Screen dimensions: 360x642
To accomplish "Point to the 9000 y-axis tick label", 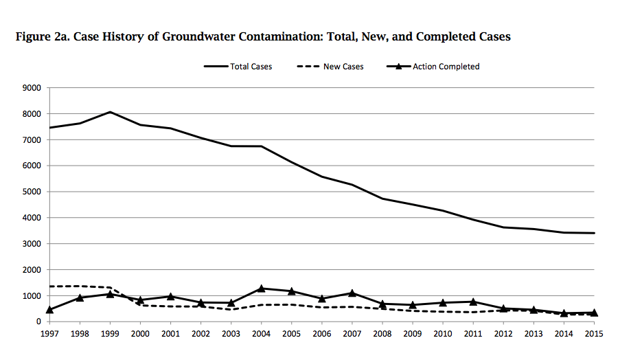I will click(x=32, y=88).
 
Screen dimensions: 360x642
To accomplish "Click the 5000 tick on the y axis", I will click(x=32, y=192).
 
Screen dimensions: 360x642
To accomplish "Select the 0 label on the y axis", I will click(x=38, y=322).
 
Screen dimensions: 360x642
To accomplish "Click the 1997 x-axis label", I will click(x=49, y=333).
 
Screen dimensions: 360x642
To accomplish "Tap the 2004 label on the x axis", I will click(x=261, y=333).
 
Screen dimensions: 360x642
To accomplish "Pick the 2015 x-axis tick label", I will click(x=594, y=333).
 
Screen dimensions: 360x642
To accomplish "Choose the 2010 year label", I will click(x=443, y=333).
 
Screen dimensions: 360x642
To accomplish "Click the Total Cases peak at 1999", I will click(x=110, y=112).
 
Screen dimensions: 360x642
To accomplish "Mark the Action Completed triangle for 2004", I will click(x=261, y=289).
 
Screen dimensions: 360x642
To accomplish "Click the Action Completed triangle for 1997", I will click(x=49, y=310).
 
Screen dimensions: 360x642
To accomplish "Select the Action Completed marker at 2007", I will click(x=352, y=293).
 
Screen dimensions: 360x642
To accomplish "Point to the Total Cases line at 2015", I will click(x=594, y=233).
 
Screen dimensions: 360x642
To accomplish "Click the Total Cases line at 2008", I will click(x=382, y=199).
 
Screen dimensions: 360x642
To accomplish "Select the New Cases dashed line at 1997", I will click(x=49, y=286).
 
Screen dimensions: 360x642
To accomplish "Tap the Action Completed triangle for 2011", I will click(x=473, y=302).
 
